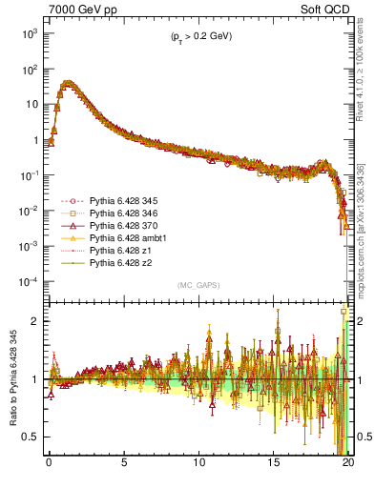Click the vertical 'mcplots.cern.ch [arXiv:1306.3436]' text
pos(362,237)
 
